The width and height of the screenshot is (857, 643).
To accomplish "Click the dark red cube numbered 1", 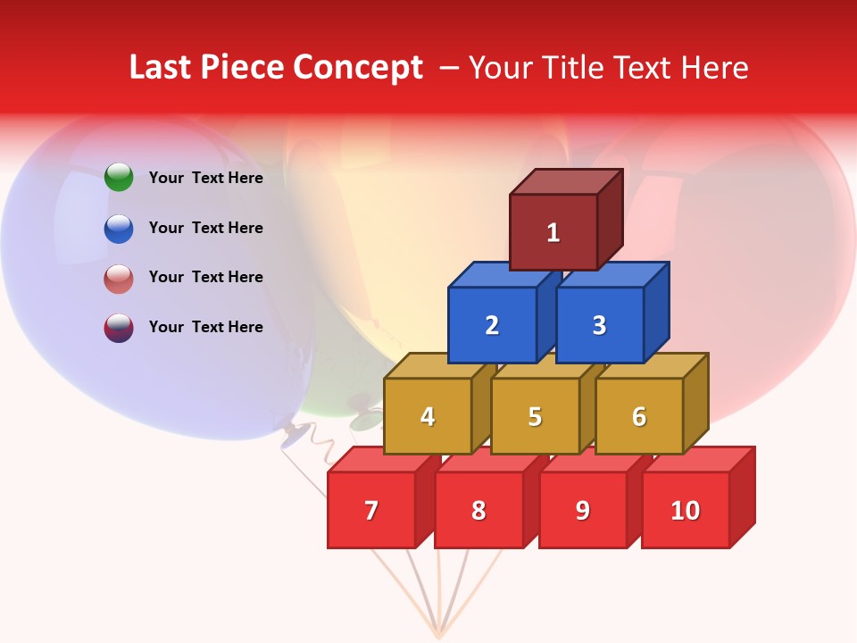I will [x=553, y=232].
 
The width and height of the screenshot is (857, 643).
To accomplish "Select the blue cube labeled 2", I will [x=492, y=325].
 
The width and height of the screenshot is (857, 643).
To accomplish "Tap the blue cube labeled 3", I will [x=599, y=325].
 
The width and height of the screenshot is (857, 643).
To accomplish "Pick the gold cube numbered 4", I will [x=428, y=416].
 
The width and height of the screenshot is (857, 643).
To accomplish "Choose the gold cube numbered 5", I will [x=535, y=416].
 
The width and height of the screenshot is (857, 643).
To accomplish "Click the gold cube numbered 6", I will [x=639, y=416].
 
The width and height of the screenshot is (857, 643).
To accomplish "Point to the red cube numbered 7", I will [x=371, y=510].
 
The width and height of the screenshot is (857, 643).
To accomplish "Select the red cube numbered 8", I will [x=478, y=510].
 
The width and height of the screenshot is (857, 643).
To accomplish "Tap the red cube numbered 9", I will [x=583, y=510].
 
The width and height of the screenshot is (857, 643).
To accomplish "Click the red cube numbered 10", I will [x=686, y=510].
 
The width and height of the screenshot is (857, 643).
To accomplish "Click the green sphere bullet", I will [x=119, y=178].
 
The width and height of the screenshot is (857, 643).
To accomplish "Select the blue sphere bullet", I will [x=119, y=228].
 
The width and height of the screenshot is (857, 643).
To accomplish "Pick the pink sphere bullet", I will [x=119, y=278].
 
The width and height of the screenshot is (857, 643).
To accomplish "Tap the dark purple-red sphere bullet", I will [x=119, y=327].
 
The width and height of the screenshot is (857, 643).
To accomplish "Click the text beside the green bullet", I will [x=206, y=178].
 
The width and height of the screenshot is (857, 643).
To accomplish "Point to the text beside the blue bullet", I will [x=206, y=228].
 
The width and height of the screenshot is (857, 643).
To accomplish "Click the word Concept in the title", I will [x=357, y=68].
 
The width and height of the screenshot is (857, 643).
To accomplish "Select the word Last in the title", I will [x=162, y=68].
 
